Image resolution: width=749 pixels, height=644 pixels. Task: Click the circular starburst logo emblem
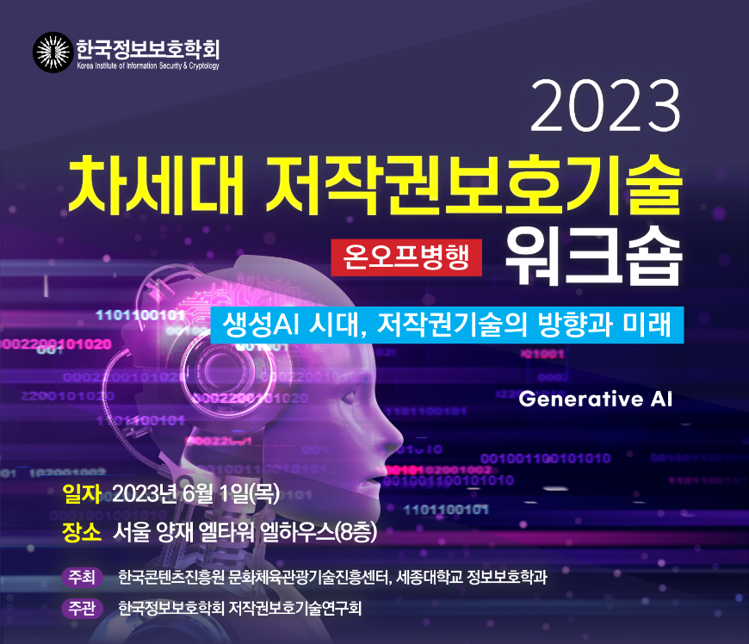click(53, 52)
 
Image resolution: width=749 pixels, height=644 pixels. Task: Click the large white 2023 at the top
click(605, 106)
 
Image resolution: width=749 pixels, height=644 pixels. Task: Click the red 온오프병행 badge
click(406, 257)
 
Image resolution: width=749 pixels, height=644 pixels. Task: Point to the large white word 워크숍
click(594, 257)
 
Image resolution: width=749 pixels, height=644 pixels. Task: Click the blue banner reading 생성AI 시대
click(447, 325)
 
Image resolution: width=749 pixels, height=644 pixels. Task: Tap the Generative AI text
click(595, 399)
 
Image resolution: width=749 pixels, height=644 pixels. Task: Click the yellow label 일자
click(82, 494)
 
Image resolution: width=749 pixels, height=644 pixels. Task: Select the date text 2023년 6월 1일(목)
click(195, 494)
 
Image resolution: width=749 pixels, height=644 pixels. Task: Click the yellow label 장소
click(82, 532)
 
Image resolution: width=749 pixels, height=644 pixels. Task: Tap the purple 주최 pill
click(82, 577)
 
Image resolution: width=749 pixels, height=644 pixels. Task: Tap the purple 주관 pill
click(82, 609)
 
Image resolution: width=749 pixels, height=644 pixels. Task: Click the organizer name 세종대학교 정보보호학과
click(472, 577)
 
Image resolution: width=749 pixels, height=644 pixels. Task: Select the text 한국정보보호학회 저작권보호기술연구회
click(240, 608)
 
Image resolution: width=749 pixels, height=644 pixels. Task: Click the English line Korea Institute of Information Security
click(148, 66)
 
